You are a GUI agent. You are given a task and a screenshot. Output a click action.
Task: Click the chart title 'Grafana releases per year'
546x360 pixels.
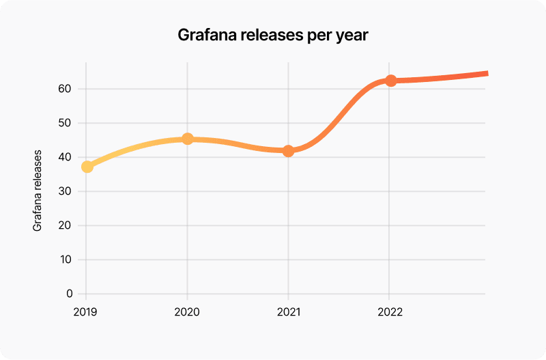pyautogui.click(x=273, y=36)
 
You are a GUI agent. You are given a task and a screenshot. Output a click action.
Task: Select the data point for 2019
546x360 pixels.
pyautogui.click(x=87, y=166)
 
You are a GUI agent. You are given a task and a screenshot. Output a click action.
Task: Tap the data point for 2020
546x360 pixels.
pyautogui.click(x=188, y=139)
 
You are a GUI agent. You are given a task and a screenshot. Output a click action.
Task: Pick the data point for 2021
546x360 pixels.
pyautogui.click(x=288, y=150)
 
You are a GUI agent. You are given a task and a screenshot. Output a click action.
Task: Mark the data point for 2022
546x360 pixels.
pyautogui.click(x=390, y=81)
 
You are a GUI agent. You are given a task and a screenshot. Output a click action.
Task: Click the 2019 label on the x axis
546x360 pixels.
pyautogui.click(x=86, y=312)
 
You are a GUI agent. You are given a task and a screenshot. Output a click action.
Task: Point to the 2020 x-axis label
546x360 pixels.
pyautogui.click(x=187, y=312)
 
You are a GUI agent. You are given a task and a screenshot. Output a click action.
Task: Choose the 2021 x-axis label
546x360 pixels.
pyautogui.click(x=288, y=312)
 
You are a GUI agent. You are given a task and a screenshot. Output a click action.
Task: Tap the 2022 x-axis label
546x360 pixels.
pyautogui.click(x=389, y=312)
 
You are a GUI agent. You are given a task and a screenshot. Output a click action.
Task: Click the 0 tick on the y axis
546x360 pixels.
pyautogui.click(x=69, y=294)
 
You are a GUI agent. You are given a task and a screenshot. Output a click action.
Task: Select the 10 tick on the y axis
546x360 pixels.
pyautogui.click(x=66, y=260)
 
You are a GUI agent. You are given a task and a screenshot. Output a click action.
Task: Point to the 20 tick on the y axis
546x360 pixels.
pyautogui.click(x=66, y=225)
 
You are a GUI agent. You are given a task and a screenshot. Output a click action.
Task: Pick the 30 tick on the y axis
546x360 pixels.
pyautogui.click(x=66, y=191)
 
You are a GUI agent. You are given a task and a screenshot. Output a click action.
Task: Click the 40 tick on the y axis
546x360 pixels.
pyautogui.click(x=66, y=157)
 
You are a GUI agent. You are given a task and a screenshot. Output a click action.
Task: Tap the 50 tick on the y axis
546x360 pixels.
pyautogui.click(x=66, y=123)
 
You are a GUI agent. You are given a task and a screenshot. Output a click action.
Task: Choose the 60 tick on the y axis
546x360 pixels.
pyautogui.click(x=66, y=89)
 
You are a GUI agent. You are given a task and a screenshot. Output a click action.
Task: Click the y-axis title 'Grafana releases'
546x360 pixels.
pyautogui.click(x=38, y=191)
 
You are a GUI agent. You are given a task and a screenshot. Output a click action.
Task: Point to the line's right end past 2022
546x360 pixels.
pyautogui.click(x=485, y=73)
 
